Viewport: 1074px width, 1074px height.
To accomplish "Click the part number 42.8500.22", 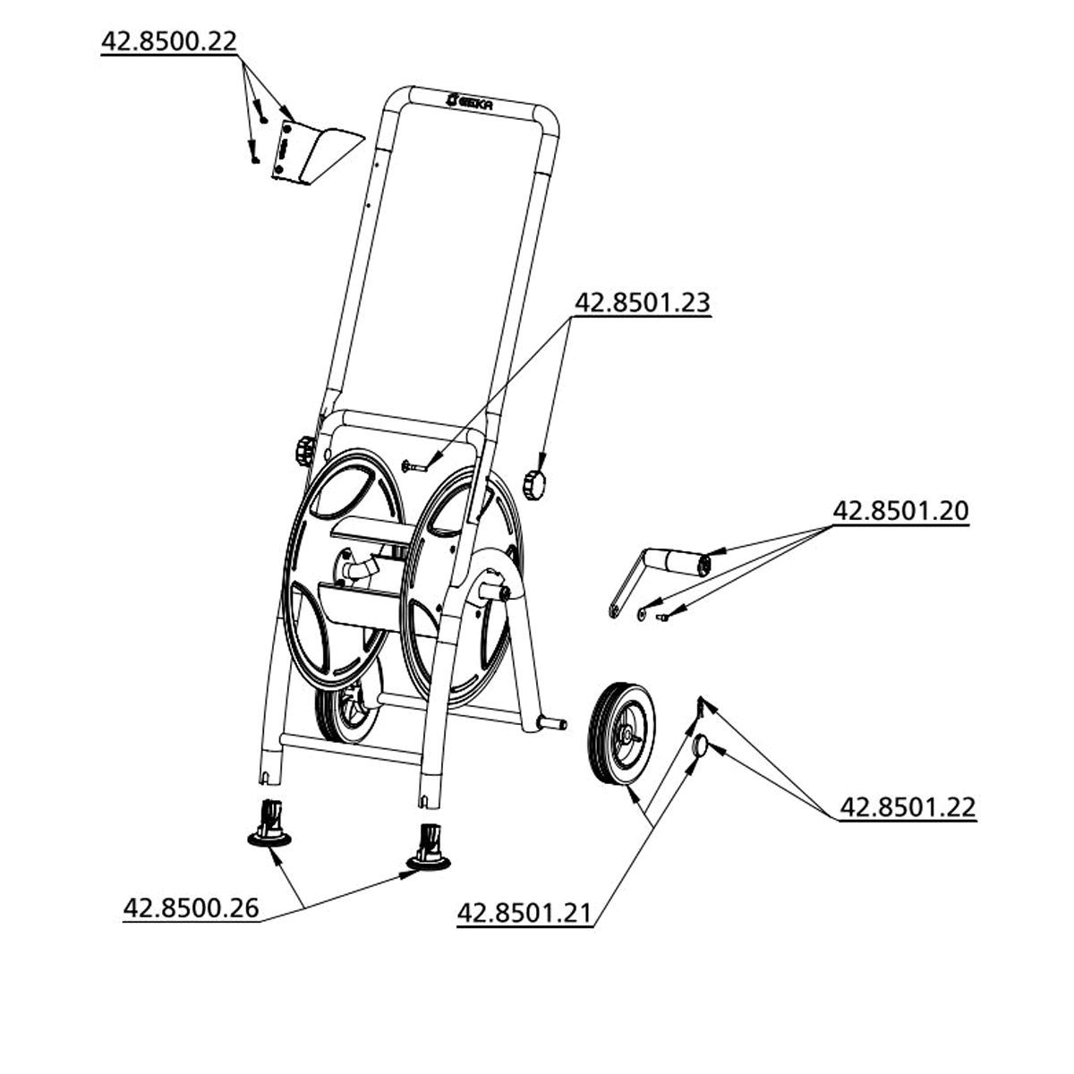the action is [169, 42].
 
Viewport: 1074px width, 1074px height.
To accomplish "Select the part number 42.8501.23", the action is [642, 303].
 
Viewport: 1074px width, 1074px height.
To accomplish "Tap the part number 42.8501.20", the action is [900, 511].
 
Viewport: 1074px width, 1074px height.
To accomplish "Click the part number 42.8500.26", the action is [192, 908].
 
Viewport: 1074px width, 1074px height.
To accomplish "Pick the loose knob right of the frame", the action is [534, 484].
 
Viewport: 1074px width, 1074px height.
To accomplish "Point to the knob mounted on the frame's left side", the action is [305, 451].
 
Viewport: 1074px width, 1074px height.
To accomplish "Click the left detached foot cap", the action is [269, 827].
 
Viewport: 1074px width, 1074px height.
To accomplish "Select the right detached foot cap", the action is [429, 848].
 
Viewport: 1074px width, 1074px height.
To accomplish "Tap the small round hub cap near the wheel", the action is [700, 744].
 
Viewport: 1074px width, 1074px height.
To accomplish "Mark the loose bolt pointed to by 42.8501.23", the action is [414, 466].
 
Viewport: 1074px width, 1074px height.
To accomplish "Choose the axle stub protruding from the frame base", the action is [550, 723].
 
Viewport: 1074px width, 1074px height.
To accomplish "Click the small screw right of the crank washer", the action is [662, 617].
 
